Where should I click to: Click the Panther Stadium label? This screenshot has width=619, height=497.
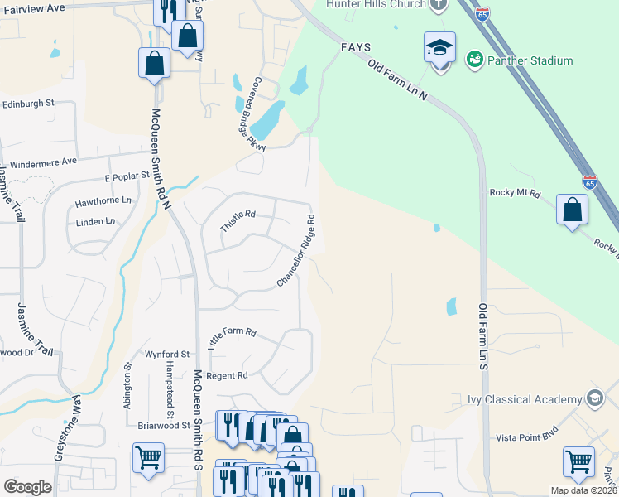click(530, 60)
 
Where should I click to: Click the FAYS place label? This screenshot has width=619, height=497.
click(355, 47)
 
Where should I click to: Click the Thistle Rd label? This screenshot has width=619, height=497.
click(238, 220)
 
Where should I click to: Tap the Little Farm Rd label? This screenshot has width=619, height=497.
click(233, 339)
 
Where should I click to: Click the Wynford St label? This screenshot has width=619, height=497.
click(162, 354)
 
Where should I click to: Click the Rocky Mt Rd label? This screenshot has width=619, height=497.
click(515, 193)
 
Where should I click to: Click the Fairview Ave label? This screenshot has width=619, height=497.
click(32, 7)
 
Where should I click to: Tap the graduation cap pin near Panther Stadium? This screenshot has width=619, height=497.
click(440, 49)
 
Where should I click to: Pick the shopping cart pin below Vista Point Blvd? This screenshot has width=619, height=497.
click(578, 461)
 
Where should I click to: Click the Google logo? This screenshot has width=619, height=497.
click(27, 487)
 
